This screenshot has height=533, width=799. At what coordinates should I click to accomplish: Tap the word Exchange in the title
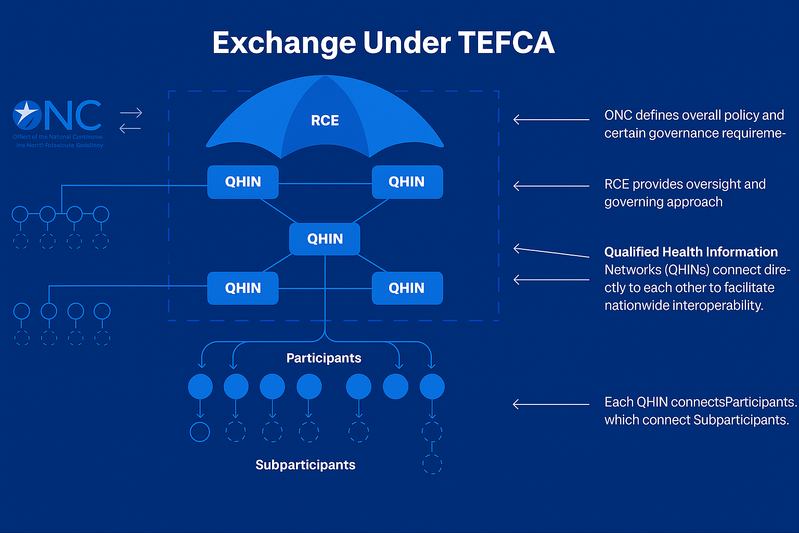[x=284, y=43]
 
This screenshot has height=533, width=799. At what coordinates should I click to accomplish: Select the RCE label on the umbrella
[x=325, y=121]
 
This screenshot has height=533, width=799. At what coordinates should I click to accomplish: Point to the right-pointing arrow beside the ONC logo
[x=131, y=112]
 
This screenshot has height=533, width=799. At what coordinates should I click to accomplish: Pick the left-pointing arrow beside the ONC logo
[x=130, y=128]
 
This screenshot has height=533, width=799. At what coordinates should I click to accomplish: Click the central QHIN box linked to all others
[x=325, y=239]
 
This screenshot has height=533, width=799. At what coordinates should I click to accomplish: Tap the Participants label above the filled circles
[x=324, y=358]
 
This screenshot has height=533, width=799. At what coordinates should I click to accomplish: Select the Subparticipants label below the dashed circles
[x=305, y=465]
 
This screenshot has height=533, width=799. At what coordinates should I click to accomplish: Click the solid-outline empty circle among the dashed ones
[x=200, y=432]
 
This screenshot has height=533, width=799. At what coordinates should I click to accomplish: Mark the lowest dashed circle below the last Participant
[x=432, y=464]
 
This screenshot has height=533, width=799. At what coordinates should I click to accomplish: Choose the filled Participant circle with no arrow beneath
[x=395, y=387]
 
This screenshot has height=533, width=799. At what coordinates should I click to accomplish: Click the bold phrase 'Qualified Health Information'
[x=691, y=252]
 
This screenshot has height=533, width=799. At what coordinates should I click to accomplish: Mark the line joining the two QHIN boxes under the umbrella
[x=325, y=183]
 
